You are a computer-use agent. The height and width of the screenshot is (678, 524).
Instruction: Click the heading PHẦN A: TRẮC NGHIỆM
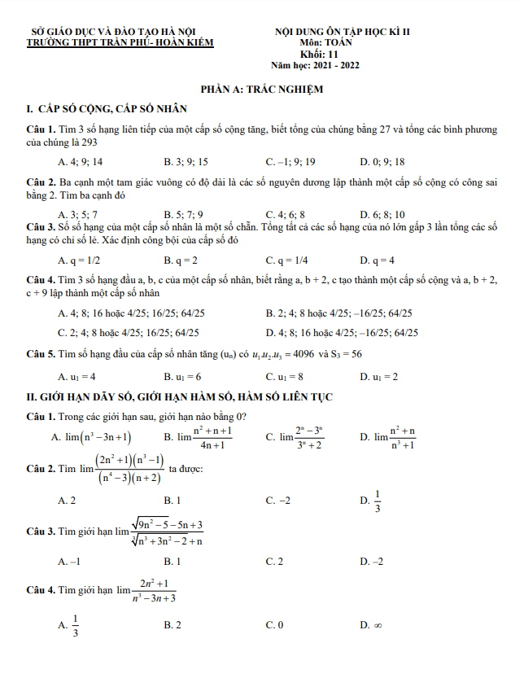(262, 89)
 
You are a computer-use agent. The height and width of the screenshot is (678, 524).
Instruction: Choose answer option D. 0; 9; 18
(382, 161)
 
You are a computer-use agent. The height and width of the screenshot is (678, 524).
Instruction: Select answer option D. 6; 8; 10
(382, 214)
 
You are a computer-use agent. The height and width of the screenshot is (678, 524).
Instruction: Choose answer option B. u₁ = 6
(182, 377)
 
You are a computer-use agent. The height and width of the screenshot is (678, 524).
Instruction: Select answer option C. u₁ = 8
(285, 377)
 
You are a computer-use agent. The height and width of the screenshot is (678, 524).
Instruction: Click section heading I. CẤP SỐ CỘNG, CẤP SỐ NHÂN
(107, 110)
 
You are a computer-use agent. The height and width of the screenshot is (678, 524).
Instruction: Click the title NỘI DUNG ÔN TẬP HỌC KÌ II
(343, 31)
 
